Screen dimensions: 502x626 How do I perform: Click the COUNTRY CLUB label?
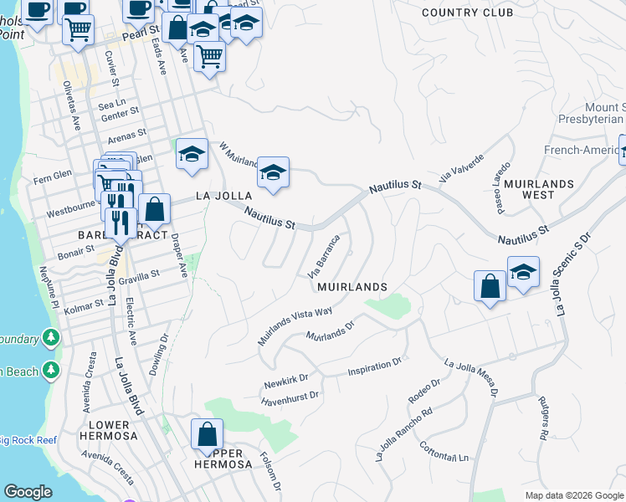tap(467, 13)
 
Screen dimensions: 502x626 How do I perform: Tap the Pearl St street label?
tap(140, 35)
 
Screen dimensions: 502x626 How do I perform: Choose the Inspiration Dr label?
tap(376, 366)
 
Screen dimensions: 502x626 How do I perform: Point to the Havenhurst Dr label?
tap(290, 397)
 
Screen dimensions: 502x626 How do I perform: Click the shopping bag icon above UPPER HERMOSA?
tap(207, 434)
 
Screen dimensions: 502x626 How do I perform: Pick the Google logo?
tap(28, 492)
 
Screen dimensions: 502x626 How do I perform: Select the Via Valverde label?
tap(461, 166)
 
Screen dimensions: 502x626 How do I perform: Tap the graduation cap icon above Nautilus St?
tap(273, 172)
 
